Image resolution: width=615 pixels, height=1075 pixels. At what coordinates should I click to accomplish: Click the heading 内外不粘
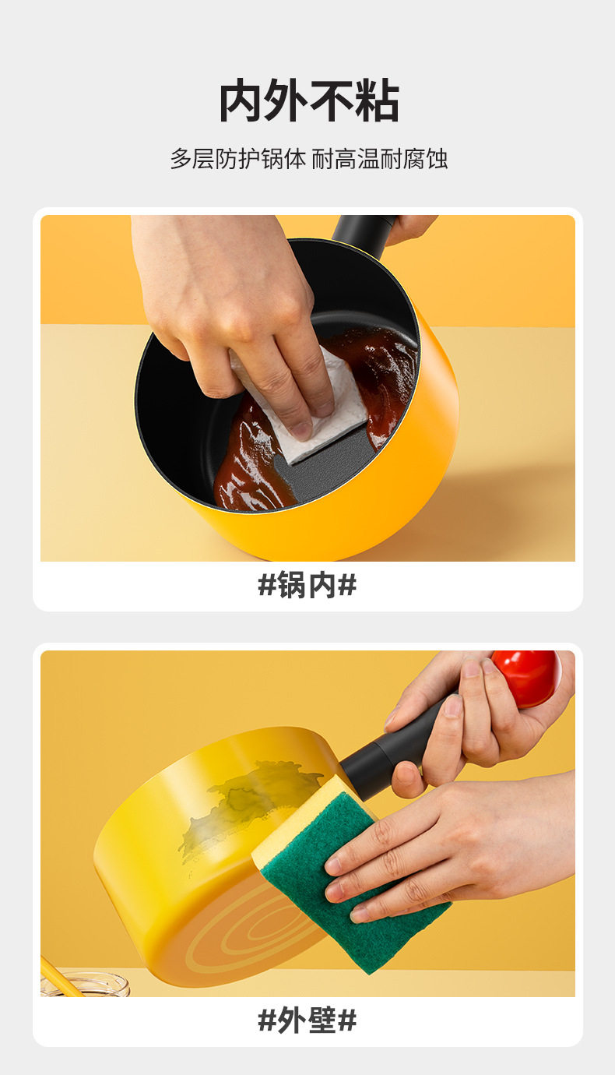pyautogui.click(x=309, y=100)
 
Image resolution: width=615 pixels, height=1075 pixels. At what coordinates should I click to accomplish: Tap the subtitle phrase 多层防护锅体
pyautogui.click(x=238, y=159)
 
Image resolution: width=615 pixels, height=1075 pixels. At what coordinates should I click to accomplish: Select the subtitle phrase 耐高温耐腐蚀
pyautogui.click(x=379, y=159)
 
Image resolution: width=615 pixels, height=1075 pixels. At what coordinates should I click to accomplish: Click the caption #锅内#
pyautogui.click(x=307, y=584)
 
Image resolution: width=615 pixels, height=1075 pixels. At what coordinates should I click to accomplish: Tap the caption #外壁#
pyautogui.click(x=307, y=1020)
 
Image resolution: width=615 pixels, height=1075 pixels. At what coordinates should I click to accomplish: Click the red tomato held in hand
pyautogui.click(x=526, y=677)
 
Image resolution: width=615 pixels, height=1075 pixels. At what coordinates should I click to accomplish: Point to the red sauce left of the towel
pyautogui.click(x=249, y=460)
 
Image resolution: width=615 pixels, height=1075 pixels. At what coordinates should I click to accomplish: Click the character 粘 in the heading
pyautogui.click(x=378, y=100)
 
